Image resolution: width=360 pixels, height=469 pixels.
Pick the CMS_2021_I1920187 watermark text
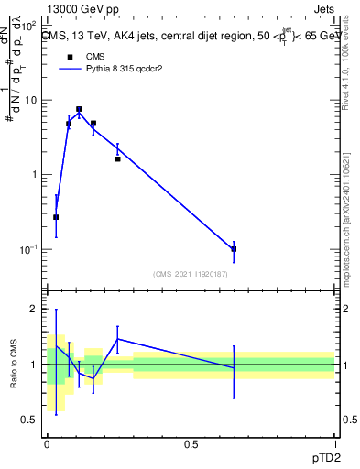(x=191, y=273)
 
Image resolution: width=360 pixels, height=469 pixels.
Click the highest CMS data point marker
(x=79, y=109)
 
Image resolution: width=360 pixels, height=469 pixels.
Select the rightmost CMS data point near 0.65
(x=234, y=248)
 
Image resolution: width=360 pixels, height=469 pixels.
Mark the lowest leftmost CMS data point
(x=56, y=217)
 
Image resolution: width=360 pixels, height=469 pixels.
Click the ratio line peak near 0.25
(x=117, y=339)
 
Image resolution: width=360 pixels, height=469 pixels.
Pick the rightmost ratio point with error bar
(x=234, y=367)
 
